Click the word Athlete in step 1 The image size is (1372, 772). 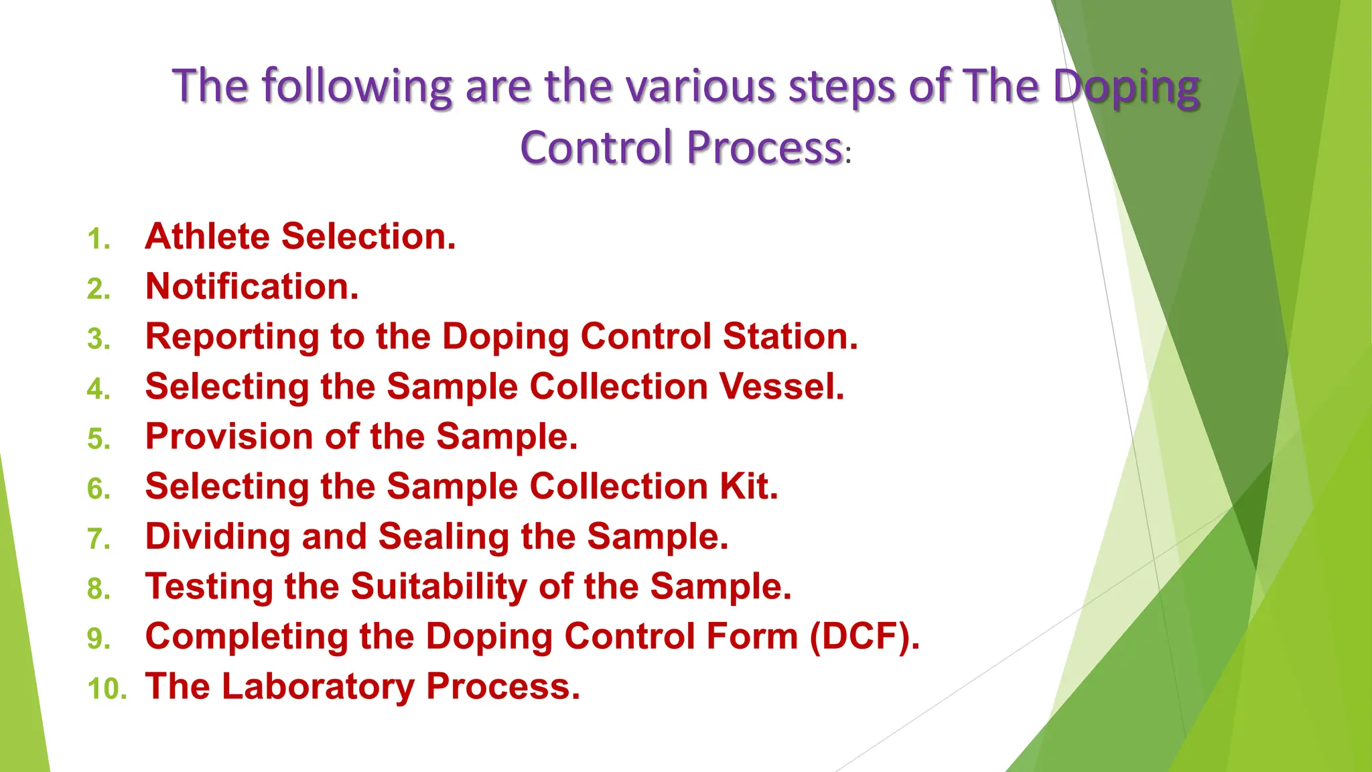[x=207, y=237]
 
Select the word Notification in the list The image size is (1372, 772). [x=251, y=287]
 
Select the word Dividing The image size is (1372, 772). [x=217, y=537]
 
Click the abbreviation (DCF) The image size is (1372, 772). [x=864, y=637]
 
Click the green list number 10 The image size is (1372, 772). [x=107, y=689]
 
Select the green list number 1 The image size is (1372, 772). [x=98, y=239]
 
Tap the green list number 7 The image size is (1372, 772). [x=98, y=539]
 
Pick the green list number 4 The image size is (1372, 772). [x=98, y=389]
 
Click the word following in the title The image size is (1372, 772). [x=356, y=87]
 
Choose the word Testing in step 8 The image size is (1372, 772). [x=209, y=587]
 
